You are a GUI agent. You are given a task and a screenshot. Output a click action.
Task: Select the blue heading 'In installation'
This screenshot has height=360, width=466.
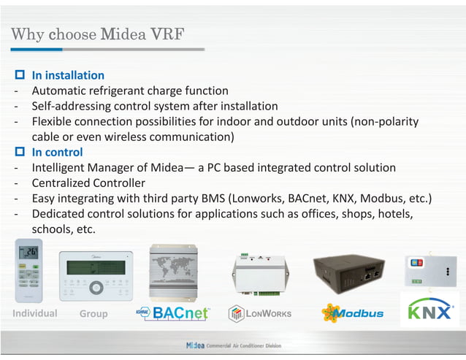click(68, 75)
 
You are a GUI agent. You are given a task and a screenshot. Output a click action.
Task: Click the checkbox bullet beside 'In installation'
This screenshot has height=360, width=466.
click(20, 75)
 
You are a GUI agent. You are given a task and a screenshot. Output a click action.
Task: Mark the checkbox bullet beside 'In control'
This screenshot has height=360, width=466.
click(20, 152)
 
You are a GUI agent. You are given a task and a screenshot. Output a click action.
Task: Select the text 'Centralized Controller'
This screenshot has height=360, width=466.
click(88, 183)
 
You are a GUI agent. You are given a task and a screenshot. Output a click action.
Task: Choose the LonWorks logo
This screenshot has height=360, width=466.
click(260, 313)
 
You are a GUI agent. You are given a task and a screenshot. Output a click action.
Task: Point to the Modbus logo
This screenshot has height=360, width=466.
click(352, 313)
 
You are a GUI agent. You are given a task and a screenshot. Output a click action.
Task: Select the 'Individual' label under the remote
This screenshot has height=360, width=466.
click(34, 313)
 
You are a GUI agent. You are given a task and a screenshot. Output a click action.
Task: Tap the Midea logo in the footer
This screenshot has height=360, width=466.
click(195, 345)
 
